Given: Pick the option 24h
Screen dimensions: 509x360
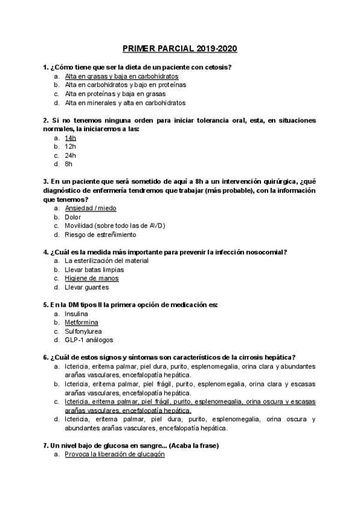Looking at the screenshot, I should (x=70, y=155).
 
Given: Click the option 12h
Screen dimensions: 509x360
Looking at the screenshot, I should (x=70, y=146).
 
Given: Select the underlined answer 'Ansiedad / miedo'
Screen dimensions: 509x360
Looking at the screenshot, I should (x=91, y=208).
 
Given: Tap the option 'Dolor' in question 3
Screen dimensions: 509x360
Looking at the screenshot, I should (x=73, y=217).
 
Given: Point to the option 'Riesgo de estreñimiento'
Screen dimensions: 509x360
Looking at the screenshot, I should (x=100, y=234).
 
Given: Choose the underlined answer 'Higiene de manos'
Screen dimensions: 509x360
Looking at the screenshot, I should (x=92, y=278).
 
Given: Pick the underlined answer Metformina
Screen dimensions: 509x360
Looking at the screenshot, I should (x=82, y=322).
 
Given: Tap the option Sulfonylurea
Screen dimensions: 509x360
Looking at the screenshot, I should (x=83, y=331).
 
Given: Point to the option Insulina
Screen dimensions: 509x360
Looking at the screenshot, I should (x=76, y=313).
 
